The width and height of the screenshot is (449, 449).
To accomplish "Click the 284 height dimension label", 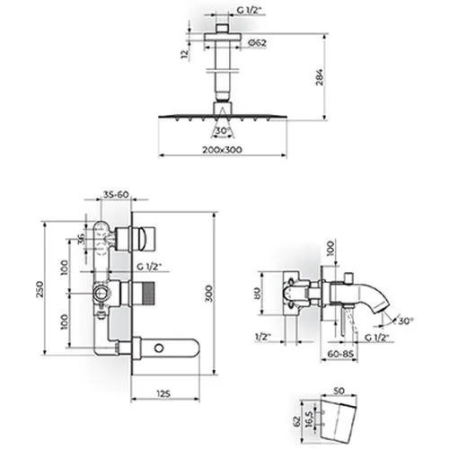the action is pos(320,77).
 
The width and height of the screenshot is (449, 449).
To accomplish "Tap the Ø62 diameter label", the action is pos(257,43).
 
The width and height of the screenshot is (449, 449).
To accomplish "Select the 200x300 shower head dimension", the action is pos(222,150).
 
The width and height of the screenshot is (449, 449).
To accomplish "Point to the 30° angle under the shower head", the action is pos(222,131).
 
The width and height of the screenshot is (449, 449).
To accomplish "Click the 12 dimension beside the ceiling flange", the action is pos(185,54).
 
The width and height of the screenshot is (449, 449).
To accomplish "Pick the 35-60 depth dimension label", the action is pos(116,195).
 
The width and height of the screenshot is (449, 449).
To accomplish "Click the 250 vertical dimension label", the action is pos(40,289).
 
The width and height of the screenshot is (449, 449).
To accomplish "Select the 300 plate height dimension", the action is pos(208,294).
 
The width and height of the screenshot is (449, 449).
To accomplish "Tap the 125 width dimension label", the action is pos(163,394).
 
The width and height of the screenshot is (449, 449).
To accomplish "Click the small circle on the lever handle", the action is pos(159,348).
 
